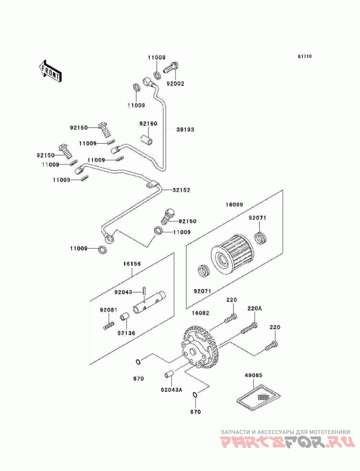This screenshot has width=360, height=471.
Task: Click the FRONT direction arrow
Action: [50, 71]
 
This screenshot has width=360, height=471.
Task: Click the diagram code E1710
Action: [305, 56]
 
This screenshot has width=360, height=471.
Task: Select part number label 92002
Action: [175, 84]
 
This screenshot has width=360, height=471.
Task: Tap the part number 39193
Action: [185, 130]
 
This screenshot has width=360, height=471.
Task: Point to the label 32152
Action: [181, 190]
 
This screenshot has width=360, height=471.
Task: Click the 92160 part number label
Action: [148, 123]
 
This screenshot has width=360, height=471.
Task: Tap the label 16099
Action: [234, 204]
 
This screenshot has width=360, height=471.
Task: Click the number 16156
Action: [132, 264]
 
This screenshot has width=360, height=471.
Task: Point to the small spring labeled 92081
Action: [109, 325]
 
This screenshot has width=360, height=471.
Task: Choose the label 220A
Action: [255, 308]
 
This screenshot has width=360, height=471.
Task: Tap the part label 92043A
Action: [171, 390]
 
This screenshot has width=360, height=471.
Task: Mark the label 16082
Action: [201, 313]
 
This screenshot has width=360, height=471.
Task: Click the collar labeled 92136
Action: [125, 317]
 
